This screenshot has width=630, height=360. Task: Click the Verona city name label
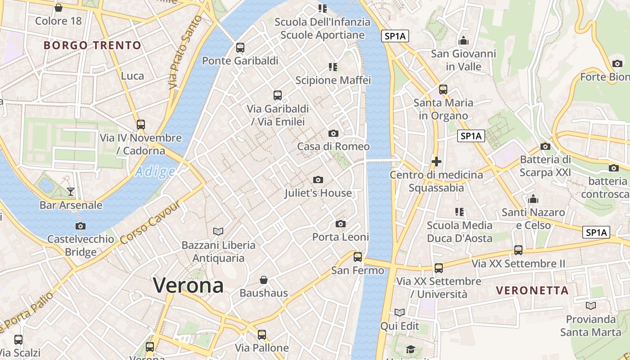pos(188,285)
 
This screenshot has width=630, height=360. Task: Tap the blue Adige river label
pos(155,172)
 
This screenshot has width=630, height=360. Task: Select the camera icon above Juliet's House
pos(318,180)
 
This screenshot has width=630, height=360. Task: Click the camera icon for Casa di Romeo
pos(333,133)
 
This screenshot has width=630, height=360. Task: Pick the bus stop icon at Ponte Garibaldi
pos(240,47)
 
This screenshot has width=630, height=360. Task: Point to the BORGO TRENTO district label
pos(93,45)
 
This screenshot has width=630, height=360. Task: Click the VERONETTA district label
pos(532,290)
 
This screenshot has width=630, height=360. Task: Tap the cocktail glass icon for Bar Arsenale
pos(71,192)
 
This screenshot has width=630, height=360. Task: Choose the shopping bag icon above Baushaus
pos(264,280)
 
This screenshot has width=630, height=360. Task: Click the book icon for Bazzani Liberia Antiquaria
pos(218,231)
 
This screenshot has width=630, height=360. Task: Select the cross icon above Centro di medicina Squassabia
pos(436,161)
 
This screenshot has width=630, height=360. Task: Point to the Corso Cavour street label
pos(151,223)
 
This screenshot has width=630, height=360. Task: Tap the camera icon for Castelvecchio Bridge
pos(81,226)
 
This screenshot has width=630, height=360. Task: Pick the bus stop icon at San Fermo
pos(358,257)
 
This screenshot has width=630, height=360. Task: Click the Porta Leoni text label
pos(341,237)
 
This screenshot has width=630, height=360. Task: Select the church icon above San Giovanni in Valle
pos(463,41)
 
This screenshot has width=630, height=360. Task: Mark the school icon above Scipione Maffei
pos(333,67)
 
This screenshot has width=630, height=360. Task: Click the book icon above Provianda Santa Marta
pos(591,306)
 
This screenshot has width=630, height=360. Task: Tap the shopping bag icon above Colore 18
pos(58,8)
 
